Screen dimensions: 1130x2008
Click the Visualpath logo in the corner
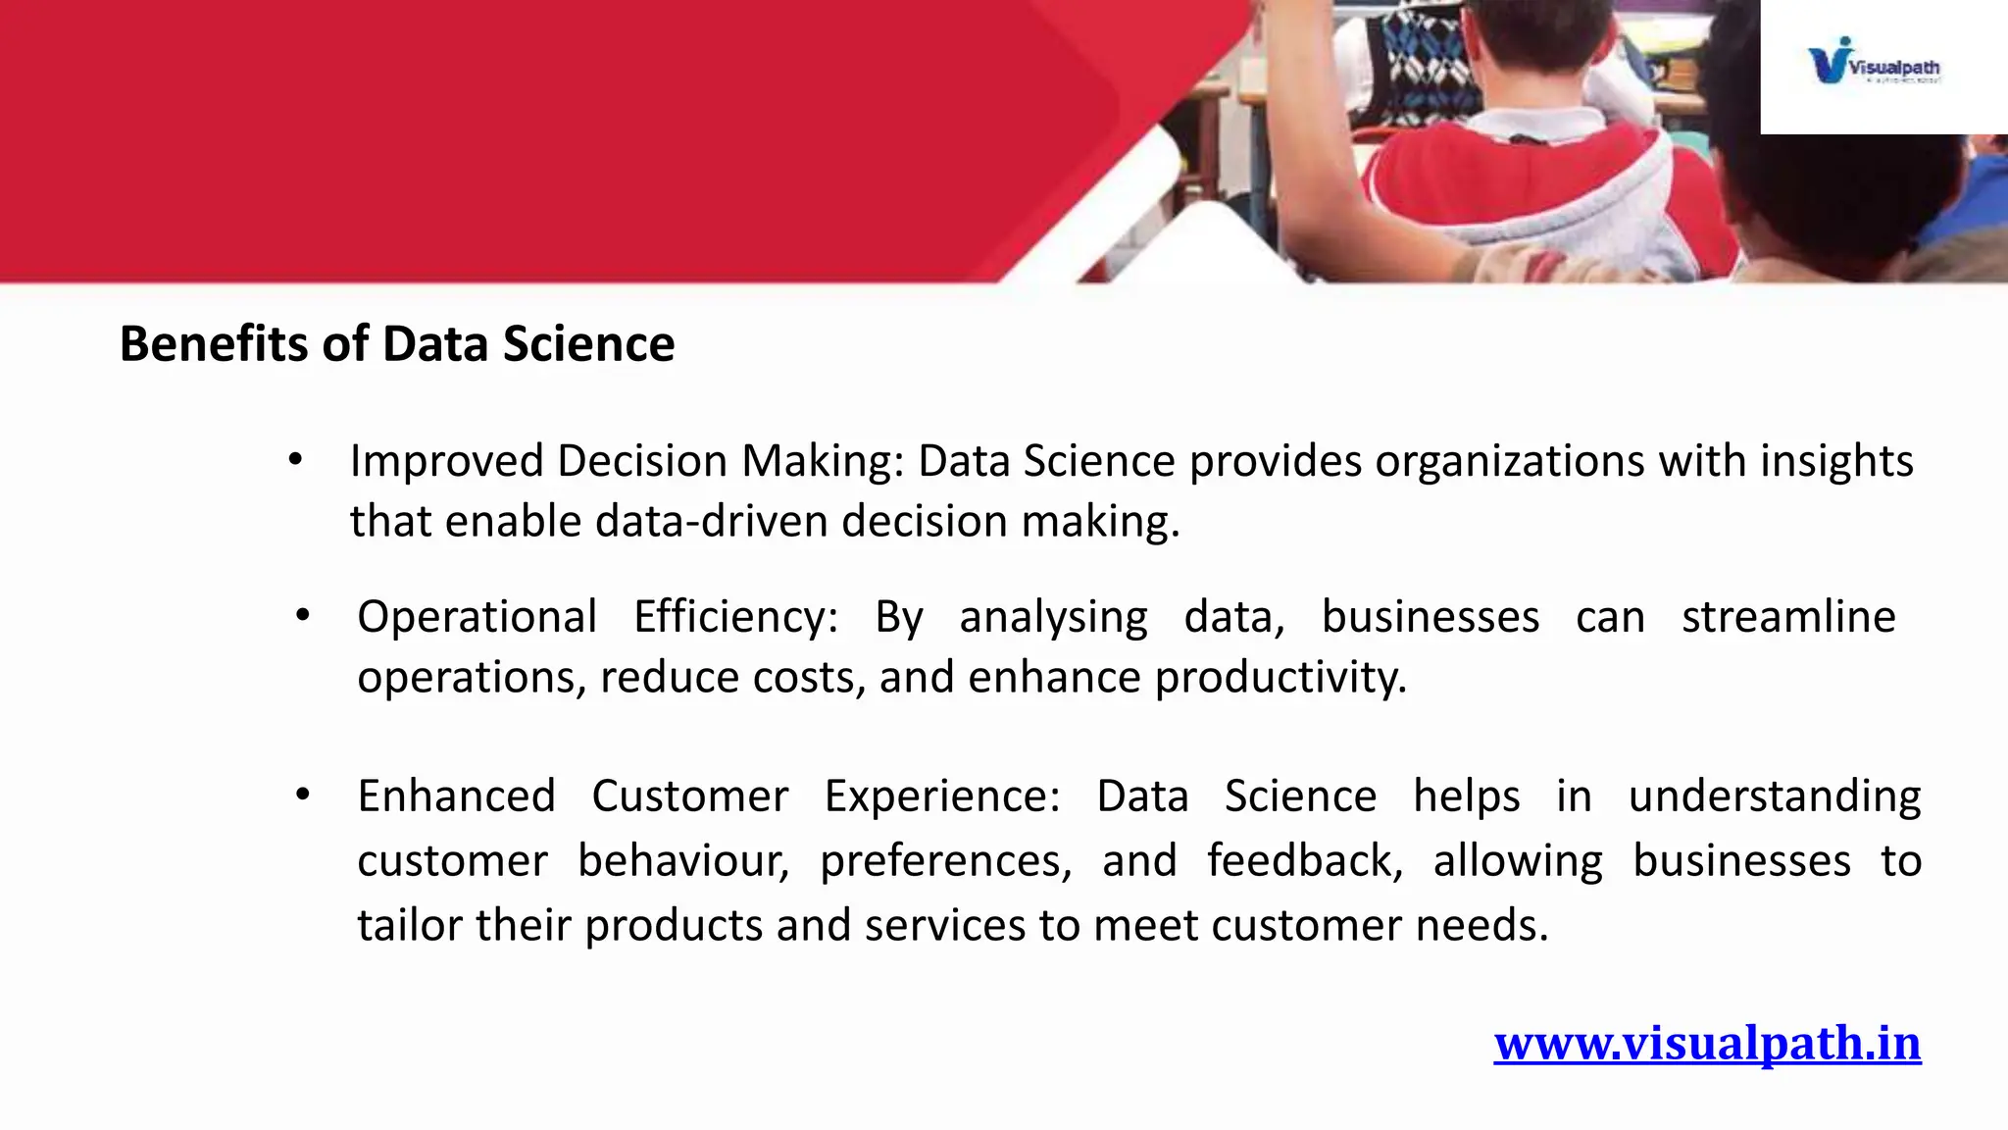1874,62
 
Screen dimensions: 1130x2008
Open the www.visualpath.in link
1707,1043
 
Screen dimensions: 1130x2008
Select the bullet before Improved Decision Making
295,459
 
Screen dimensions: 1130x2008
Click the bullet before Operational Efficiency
303,616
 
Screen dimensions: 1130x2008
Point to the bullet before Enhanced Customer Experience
303,795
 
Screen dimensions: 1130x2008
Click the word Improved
446,461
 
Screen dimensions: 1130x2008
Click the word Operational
477,618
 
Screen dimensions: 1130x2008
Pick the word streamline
1788,617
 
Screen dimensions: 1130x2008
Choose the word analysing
1053,618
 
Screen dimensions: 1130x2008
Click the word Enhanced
456,796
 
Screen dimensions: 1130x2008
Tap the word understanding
1774,796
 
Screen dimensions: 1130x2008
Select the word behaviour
682,860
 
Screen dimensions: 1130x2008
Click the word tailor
410,925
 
